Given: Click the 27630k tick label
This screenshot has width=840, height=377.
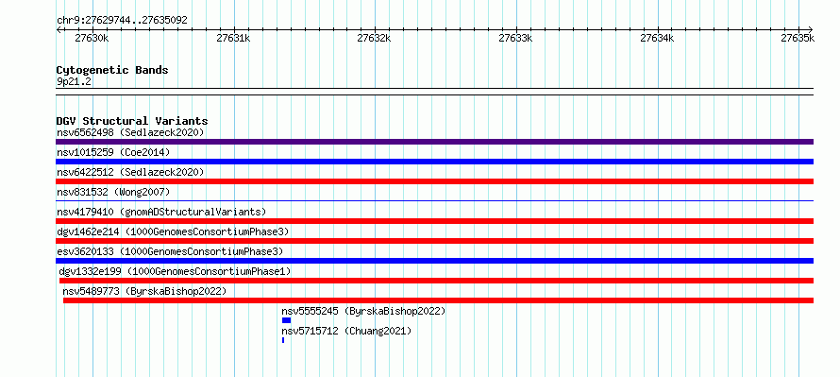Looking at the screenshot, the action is tap(92, 38).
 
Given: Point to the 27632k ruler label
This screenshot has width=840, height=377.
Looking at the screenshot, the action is tap(374, 38).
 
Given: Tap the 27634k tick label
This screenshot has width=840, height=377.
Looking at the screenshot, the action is tap(657, 38).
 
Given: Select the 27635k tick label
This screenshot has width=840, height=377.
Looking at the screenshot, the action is tap(798, 38).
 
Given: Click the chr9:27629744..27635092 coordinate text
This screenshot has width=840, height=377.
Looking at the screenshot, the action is tap(122, 21).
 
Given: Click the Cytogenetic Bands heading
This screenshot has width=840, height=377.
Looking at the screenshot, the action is tap(112, 70).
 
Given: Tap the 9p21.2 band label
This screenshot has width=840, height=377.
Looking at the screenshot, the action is tap(74, 82).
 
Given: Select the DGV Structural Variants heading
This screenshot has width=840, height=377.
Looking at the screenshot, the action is tap(132, 121).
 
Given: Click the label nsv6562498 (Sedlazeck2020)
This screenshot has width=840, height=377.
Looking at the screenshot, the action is tap(130, 132).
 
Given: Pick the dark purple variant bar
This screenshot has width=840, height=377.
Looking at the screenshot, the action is tap(434, 142).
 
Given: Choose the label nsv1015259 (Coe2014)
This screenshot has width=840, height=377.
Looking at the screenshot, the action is tap(113, 152).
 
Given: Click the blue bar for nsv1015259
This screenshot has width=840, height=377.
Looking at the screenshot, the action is tap(434, 162).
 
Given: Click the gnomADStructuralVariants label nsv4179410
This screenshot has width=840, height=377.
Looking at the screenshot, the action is tap(161, 212).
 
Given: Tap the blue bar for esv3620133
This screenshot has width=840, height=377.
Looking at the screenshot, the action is tap(434, 261).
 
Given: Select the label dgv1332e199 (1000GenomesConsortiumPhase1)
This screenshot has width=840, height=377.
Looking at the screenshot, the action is tap(175, 271).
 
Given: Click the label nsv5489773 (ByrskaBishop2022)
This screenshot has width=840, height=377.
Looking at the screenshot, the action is tap(144, 291).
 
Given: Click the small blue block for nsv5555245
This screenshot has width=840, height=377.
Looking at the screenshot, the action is tap(286, 320).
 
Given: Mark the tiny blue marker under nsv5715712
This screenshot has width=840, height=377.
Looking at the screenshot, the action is tap(283, 340).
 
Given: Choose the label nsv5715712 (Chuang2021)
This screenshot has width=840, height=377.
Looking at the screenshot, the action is tap(346, 331).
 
